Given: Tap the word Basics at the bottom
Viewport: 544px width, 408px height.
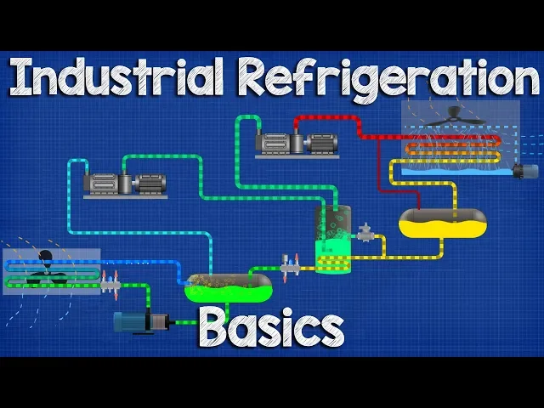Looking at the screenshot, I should pyautogui.click(x=271, y=327).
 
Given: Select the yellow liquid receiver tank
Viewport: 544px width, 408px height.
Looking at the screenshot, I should pyautogui.click(x=442, y=224).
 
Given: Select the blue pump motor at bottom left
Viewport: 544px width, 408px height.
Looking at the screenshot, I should pyautogui.click(x=136, y=321).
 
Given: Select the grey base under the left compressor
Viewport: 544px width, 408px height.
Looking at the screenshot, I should pyautogui.click(x=125, y=196).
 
